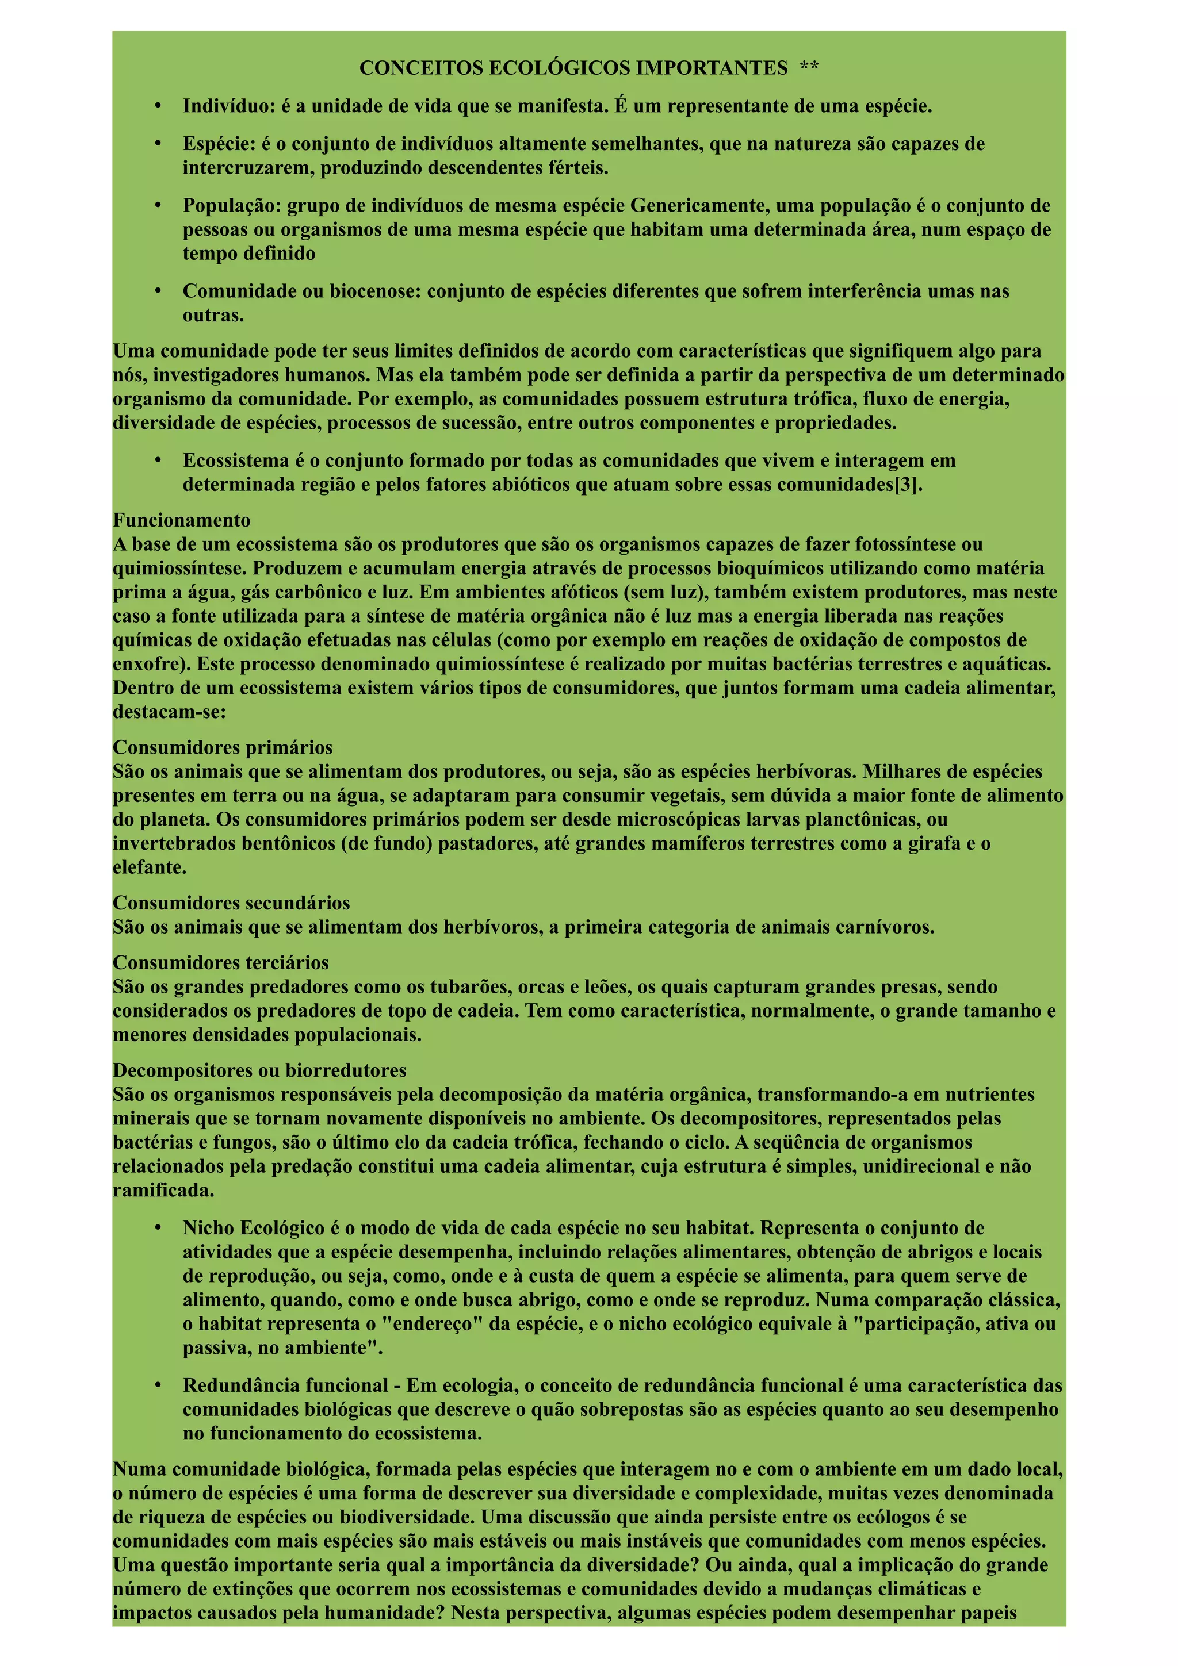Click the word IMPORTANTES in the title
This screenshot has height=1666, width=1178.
[x=712, y=68]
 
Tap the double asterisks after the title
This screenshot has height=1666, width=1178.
[x=809, y=68]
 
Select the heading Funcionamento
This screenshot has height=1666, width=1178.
[x=181, y=520]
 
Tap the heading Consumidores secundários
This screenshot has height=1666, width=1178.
[x=231, y=903]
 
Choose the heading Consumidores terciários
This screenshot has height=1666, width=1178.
[x=221, y=963]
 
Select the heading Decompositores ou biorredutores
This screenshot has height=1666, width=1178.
[x=259, y=1070]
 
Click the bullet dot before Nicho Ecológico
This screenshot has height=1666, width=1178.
[x=158, y=1229]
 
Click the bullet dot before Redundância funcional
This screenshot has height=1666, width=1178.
[x=158, y=1386]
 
